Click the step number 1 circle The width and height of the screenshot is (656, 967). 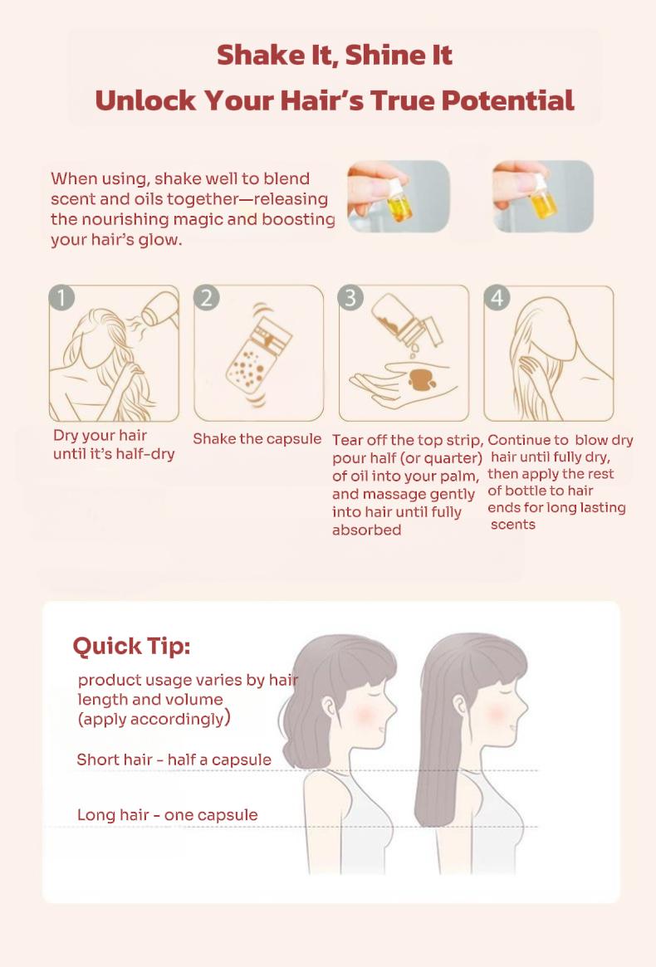[x=61, y=297]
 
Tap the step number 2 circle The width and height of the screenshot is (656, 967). [x=207, y=297]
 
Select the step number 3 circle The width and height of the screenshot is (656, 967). [x=350, y=297]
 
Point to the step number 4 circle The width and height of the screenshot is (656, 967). [x=497, y=297]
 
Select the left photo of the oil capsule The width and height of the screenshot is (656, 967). [x=398, y=196]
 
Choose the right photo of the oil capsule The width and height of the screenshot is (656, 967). [x=543, y=196]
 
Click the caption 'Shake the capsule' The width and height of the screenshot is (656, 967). [x=257, y=438]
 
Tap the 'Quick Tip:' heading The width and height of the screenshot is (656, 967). [x=131, y=646]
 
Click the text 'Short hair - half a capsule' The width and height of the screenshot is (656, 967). [x=174, y=759]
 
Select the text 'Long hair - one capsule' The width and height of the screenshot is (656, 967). [x=167, y=814]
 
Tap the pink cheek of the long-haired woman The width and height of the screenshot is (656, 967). [x=497, y=714]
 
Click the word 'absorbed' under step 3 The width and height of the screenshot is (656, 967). [x=366, y=530]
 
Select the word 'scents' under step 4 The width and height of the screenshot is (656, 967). [x=513, y=525]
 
